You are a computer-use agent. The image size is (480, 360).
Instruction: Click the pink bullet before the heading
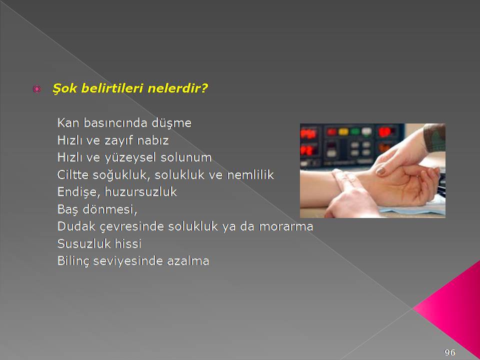(36, 89)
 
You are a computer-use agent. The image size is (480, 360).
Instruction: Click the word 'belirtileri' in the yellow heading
(112, 88)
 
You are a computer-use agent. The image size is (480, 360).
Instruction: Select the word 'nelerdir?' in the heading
(177, 88)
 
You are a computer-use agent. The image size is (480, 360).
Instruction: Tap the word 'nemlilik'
(250, 174)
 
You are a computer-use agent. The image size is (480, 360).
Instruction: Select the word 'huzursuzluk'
(141, 192)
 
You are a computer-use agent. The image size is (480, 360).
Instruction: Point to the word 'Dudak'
(76, 226)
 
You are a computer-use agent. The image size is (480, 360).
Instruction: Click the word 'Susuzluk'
(84, 243)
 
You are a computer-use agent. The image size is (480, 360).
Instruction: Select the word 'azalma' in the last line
(188, 261)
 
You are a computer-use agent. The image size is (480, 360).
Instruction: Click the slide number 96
(449, 352)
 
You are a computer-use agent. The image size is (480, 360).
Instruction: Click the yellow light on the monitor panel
(343, 132)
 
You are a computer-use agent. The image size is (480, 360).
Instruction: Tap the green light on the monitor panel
(355, 131)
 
